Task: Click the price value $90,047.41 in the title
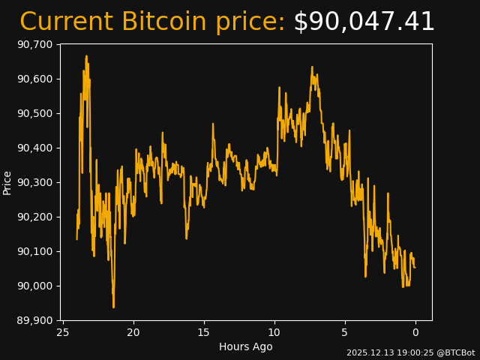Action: point(364,22)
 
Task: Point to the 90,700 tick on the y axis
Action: point(34,44)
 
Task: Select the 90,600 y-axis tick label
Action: point(34,79)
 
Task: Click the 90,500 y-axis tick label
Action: point(34,113)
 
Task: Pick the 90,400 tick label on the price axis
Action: point(34,148)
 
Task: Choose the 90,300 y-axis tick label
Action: point(34,182)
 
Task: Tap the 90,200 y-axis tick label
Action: point(34,217)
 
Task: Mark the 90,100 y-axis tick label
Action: point(34,251)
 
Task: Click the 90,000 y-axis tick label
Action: point(34,286)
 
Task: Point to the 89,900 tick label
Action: point(34,320)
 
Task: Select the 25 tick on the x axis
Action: point(63,332)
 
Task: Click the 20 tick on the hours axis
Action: point(133,332)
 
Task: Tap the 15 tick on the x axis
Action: point(204,332)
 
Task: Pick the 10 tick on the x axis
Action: point(274,332)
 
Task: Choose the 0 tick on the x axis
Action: point(415,332)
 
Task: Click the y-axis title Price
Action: point(7,182)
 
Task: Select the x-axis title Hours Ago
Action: point(246,346)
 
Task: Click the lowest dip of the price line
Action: point(113,307)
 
